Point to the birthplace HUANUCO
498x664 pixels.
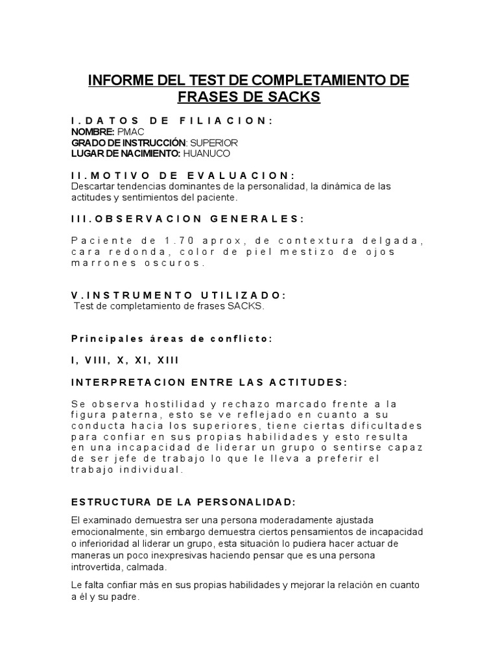pos(207,154)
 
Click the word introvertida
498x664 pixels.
pos(97,567)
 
